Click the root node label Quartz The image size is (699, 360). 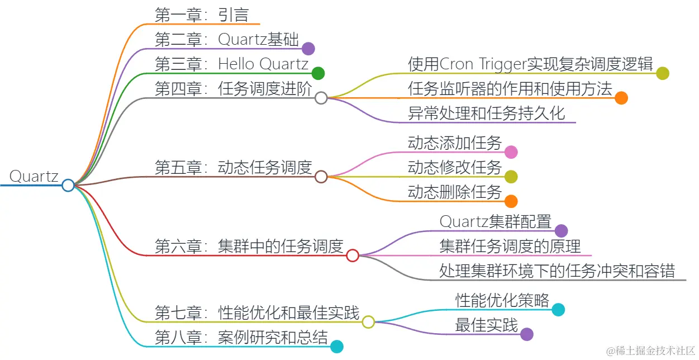(34, 177)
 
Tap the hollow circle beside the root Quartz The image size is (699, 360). (68, 185)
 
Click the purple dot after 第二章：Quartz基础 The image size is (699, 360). (308, 49)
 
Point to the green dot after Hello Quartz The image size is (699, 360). (318, 73)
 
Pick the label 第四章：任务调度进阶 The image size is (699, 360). (234, 89)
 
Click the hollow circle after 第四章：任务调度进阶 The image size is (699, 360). (321, 98)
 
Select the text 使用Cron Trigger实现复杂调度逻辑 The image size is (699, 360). (530, 64)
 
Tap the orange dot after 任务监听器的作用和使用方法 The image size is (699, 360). (621, 98)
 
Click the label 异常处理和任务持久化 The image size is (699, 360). (487, 113)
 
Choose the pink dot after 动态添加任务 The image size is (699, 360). (511, 152)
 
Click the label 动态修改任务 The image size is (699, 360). (455, 167)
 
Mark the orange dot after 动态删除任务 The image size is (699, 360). (511, 201)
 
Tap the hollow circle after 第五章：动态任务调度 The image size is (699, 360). (321, 177)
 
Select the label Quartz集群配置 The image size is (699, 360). (496, 221)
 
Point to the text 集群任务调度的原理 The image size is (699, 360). (510, 246)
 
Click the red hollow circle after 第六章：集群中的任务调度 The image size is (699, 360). (353, 255)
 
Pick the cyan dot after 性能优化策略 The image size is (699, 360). (558, 309)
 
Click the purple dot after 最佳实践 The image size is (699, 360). (526, 334)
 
